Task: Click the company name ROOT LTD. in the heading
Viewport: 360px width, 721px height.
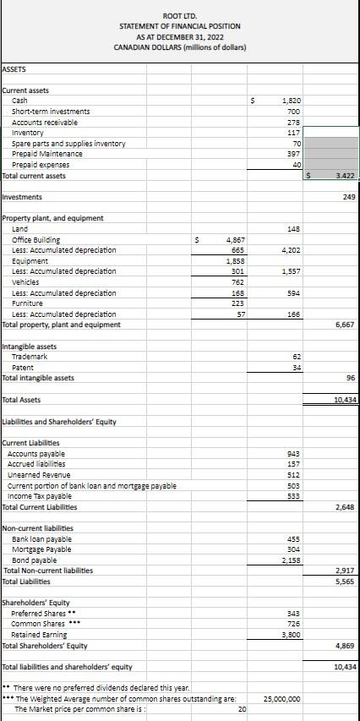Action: [x=179, y=15]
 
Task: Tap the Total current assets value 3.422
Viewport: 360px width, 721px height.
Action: [x=343, y=176]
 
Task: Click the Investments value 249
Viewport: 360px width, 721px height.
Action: [x=349, y=197]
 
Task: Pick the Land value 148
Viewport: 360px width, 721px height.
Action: [x=293, y=229]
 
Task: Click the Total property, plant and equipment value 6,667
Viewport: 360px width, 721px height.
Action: [x=344, y=325]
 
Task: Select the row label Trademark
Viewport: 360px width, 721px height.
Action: [x=29, y=357]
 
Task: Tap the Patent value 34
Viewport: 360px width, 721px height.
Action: [x=296, y=368]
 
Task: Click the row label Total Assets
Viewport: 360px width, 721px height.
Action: [x=22, y=399]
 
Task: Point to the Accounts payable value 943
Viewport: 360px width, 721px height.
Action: [x=293, y=454]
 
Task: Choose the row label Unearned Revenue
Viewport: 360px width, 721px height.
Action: [x=40, y=475]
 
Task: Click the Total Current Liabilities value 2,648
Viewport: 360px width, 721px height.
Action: [x=344, y=507]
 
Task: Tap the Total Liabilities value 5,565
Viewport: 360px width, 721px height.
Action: [x=344, y=582]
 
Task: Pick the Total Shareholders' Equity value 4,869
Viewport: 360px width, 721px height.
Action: [x=344, y=646]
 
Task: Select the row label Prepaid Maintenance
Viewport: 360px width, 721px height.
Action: [x=47, y=154]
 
